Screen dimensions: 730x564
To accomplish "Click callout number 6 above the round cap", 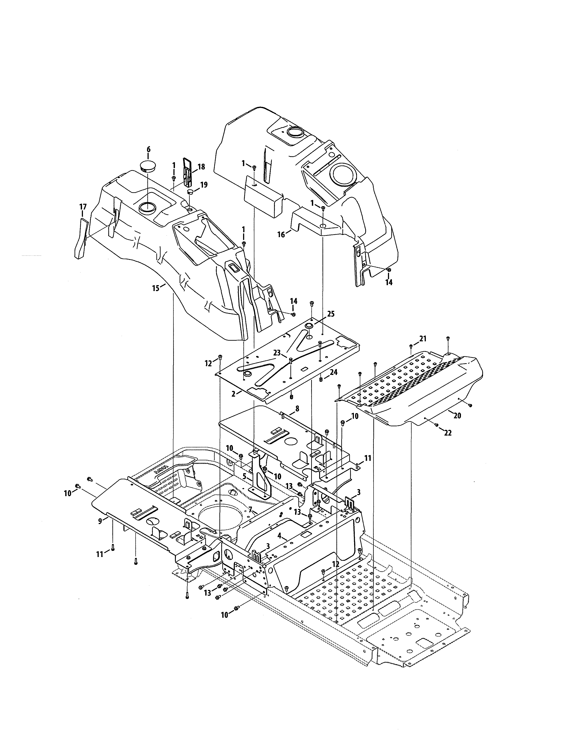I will point(148,149).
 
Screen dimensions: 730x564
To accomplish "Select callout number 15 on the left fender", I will point(156,288).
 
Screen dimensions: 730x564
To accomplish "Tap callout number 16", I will point(281,235).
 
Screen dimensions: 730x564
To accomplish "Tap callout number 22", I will point(448,433).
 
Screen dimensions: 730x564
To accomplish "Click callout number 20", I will point(457,415).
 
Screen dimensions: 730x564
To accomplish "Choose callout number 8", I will point(297,408).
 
